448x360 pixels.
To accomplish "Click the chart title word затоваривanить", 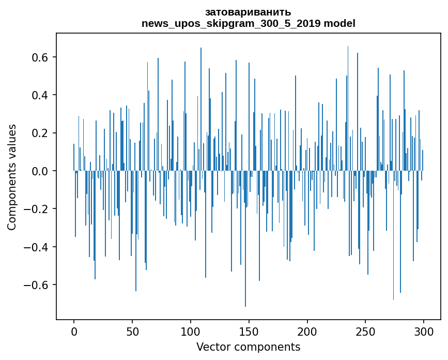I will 248,12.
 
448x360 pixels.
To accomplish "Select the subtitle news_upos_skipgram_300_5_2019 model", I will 248,23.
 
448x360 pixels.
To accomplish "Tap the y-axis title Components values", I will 11,177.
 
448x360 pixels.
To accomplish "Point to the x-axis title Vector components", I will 248,347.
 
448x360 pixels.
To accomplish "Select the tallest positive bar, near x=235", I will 348,103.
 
